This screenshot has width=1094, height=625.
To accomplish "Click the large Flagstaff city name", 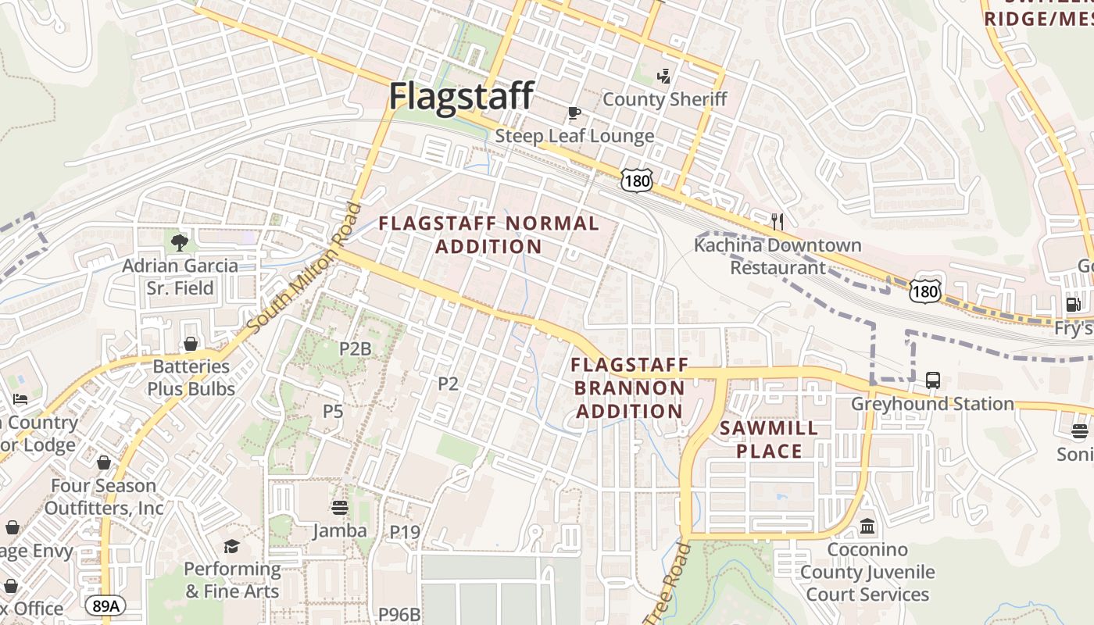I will [x=461, y=96].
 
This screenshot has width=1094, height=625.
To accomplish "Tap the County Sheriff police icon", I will [x=664, y=76].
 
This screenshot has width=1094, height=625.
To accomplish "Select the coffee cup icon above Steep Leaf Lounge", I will [x=574, y=113].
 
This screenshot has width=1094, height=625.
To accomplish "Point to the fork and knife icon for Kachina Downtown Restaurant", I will [x=777, y=221].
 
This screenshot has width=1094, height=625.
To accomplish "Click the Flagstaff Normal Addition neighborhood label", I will [x=489, y=235].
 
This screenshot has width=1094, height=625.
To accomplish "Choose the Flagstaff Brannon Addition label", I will [x=629, y=387].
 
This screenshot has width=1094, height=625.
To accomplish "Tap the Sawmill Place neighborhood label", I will [x=769, y=439].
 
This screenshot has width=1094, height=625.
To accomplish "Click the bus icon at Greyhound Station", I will [x=932, y=380].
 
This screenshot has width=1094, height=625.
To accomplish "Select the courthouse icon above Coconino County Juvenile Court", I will [x=867, y=527].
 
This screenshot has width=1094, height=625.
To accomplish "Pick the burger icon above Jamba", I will [x=339, y=508].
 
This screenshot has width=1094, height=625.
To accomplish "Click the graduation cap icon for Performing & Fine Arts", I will [x=231, y=546].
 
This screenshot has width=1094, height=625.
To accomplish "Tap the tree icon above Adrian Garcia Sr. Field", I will [x=180, y=242].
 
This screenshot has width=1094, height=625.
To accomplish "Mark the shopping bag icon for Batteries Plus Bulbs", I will [x=191, y=344].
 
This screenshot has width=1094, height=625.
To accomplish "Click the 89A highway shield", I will [x=104, y=606].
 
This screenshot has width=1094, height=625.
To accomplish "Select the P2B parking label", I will [x=355, y=348].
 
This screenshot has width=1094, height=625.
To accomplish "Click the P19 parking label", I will [x=405, y=532].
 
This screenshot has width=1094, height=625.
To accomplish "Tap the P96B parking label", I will [x=399, y=614].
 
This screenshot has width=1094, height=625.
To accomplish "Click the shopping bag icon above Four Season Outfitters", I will [x=104, y=462].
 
